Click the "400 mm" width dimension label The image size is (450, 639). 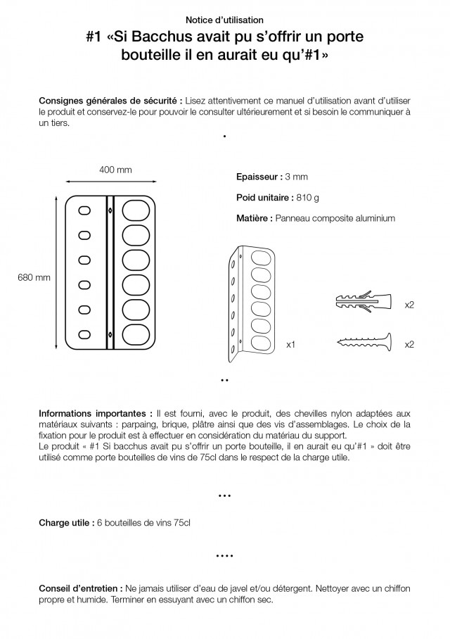[x=115, y=170]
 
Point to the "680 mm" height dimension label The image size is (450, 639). [x=34, y=277]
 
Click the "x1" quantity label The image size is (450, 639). [x=290, y=345]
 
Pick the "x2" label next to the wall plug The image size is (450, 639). [x=409, y=305]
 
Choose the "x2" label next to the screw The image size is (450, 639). [x=409, y=345]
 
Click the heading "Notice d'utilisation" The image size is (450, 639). [x=225, y=21]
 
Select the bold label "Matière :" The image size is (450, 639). [x=254, y=219]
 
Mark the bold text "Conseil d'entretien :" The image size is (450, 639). [x=79, y=588]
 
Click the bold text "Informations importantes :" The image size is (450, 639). [x=95, y=413]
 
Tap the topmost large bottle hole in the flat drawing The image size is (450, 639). [x=135, y=210]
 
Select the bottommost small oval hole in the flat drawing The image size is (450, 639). [x=85, y=334]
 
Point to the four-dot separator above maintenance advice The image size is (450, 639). [x=224, y=555]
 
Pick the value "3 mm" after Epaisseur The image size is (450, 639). [x=296, y=177]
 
